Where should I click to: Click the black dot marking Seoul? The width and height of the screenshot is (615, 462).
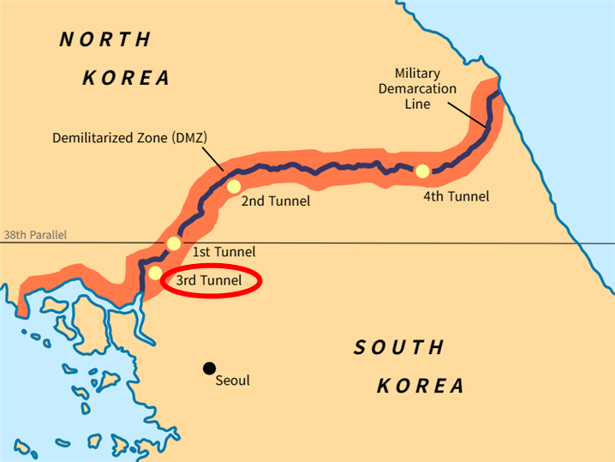click(208, 368)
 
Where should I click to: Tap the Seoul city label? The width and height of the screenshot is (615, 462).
click(232, 380)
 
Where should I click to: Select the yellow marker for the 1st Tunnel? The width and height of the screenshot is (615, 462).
click(174, 243)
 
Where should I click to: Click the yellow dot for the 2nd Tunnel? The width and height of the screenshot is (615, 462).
click(233, 186)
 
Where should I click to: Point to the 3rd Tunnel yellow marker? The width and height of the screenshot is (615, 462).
click(155, 273)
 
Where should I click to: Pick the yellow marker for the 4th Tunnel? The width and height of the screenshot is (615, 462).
click(422, 171)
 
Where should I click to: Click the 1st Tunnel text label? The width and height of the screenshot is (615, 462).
click(223, 252)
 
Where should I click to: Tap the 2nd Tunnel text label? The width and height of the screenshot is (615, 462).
click(275, 201)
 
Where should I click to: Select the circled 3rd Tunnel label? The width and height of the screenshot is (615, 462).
click(209, 280)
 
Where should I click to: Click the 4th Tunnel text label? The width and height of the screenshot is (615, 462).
click(456, 196)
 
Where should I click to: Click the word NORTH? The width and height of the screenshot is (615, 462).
click(105, 39)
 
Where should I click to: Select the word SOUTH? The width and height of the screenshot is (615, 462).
click(400, 347)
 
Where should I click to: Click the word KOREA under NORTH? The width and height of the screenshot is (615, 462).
click(126, 78)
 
